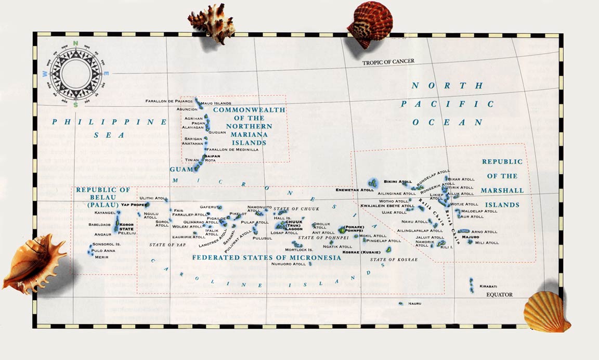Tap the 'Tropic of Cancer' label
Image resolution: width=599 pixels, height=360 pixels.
(x=388, y=62)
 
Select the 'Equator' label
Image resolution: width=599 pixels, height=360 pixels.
(x=499, y=295)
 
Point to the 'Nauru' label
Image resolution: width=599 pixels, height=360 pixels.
(x=414, y=303)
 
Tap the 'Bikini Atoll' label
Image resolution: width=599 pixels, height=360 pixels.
(x=398, y=182)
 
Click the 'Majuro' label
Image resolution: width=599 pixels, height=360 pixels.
(x=470, y=237)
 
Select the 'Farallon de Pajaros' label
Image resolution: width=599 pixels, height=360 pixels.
(x=169, y=100)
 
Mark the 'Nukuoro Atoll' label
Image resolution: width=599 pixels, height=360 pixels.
(x=289, y=264)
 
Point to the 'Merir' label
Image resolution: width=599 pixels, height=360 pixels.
(x=101, y=256)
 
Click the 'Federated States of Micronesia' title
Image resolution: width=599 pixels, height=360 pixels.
(x=266, y=258)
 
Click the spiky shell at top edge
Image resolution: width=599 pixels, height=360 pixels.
(x=212, y=23)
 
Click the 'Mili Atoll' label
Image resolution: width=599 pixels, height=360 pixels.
(x=487, y=242)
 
